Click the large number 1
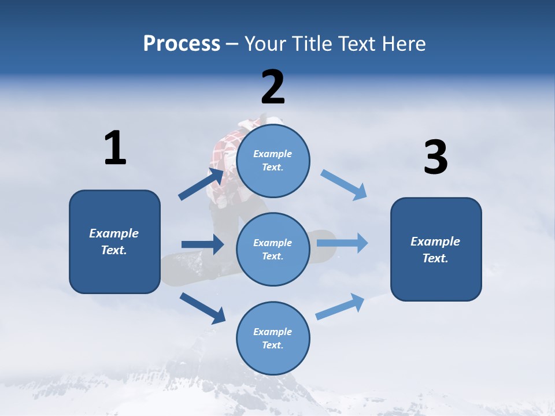click(x=115, y=148)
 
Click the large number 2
click(x=273, y=87)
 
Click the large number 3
click(x=435, y=158)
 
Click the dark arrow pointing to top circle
click(x=201, y=184)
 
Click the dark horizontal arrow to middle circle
click(x=202, y=244)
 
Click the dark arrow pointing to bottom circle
click(x=203, y=307)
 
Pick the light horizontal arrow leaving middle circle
click(x=342, y=243)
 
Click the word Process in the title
click(x=182, y=43)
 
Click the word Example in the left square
click(x=114, y=233)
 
